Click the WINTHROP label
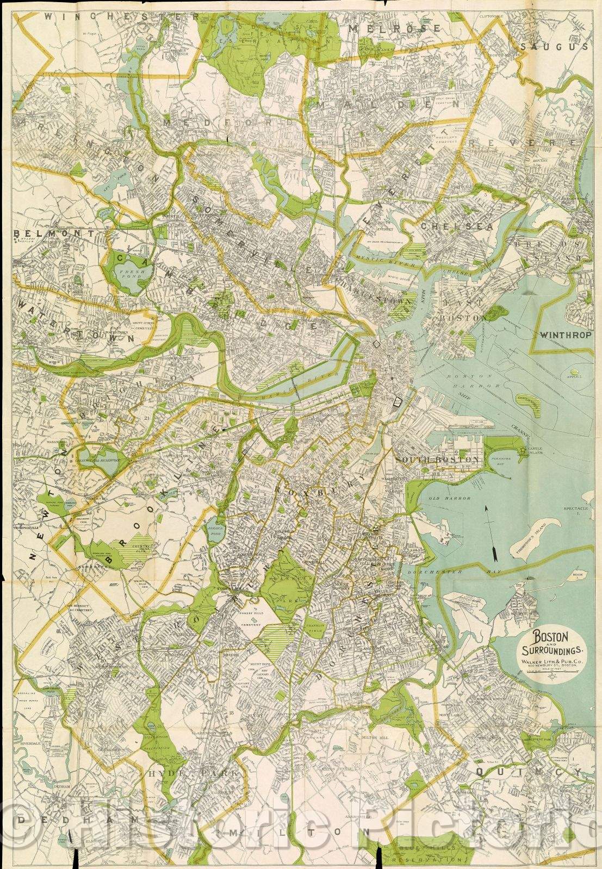point(565,335)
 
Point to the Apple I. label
point(574,376)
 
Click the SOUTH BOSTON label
point(439,459)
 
